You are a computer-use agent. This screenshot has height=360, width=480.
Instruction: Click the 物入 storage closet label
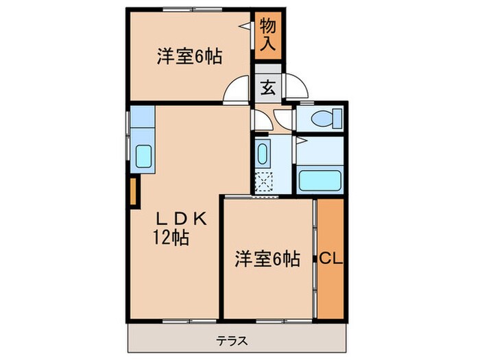tap(268, 36)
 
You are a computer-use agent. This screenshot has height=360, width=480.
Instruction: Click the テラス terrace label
tap(232, 341)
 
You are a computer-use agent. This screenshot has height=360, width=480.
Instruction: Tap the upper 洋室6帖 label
tap(189, 58)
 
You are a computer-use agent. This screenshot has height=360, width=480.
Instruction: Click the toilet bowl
tap(322, 118)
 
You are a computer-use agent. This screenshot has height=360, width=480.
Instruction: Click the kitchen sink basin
tap(145, 159)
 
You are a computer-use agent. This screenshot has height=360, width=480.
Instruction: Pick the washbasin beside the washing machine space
tap(263, 155)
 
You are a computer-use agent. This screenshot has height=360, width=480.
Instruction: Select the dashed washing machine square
tap(263, 182)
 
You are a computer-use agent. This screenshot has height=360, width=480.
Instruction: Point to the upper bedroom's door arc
tap(236, 92)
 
